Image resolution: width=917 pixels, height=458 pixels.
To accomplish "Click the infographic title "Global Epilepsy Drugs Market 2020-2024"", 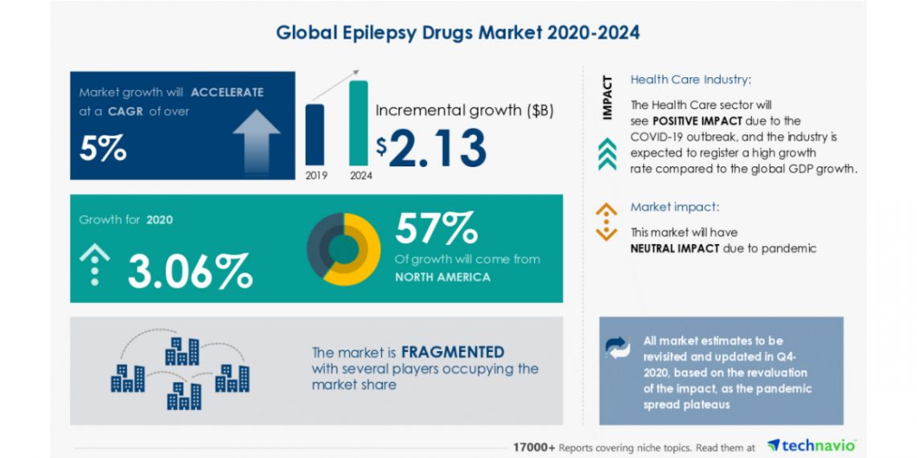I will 458,33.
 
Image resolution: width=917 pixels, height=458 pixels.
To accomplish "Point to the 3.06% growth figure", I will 190,271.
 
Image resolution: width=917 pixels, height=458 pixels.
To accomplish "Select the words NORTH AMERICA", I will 442,277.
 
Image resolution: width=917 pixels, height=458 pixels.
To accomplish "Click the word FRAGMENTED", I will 453,352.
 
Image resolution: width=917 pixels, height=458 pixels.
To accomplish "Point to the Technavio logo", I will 811,445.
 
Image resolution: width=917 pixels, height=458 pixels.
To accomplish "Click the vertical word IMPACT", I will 608,98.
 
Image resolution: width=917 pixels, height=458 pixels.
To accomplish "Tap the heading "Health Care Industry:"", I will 691,80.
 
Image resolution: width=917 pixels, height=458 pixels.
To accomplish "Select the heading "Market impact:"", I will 674,207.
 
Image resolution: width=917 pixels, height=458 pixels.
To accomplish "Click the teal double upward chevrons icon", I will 608,153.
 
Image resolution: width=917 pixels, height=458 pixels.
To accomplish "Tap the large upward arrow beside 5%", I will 257,138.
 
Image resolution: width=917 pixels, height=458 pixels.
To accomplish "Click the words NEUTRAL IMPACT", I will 675,248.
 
